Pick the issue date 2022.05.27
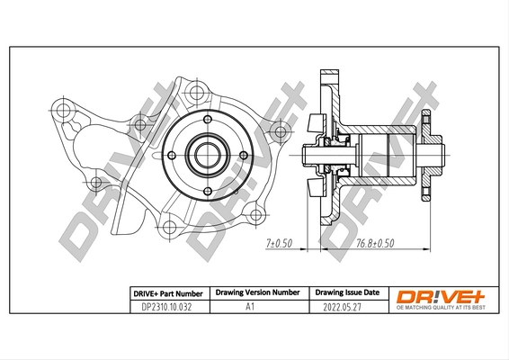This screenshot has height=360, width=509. (x=346, y=306)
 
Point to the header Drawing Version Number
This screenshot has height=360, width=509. (x=255, y=292)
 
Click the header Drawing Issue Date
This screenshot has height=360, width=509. (x=346, y=292)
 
